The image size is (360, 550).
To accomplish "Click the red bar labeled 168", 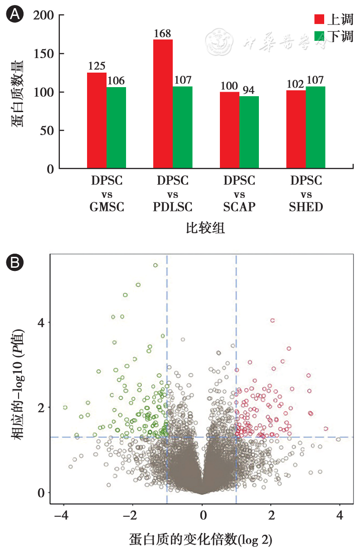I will coord(163,104).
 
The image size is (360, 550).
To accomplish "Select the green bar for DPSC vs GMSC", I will coord(116,128).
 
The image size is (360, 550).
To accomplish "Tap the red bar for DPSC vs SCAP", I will coord(229,130).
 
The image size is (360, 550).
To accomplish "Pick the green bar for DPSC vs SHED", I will coord(316,128).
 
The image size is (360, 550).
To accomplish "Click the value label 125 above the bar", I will coord(97,67).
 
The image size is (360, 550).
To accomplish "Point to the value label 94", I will coord(249,90).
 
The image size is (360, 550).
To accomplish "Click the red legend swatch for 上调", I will coord(320,19).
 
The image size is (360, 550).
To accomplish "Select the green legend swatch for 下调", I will coord(320,35).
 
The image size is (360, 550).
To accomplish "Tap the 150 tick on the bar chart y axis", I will coord(44,54).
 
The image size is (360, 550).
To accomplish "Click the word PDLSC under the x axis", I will coord(173,207).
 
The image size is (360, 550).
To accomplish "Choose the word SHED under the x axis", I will coord(306,207).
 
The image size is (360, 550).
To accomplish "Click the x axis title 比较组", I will coord(205,228).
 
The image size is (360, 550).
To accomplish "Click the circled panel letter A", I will coord(14,15).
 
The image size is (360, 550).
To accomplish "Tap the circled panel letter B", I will coord(14,262).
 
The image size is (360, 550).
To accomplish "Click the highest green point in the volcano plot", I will coord(155,265).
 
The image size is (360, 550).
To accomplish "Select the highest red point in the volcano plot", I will coord(272,320).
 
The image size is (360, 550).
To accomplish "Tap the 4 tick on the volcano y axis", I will coord(40,323).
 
